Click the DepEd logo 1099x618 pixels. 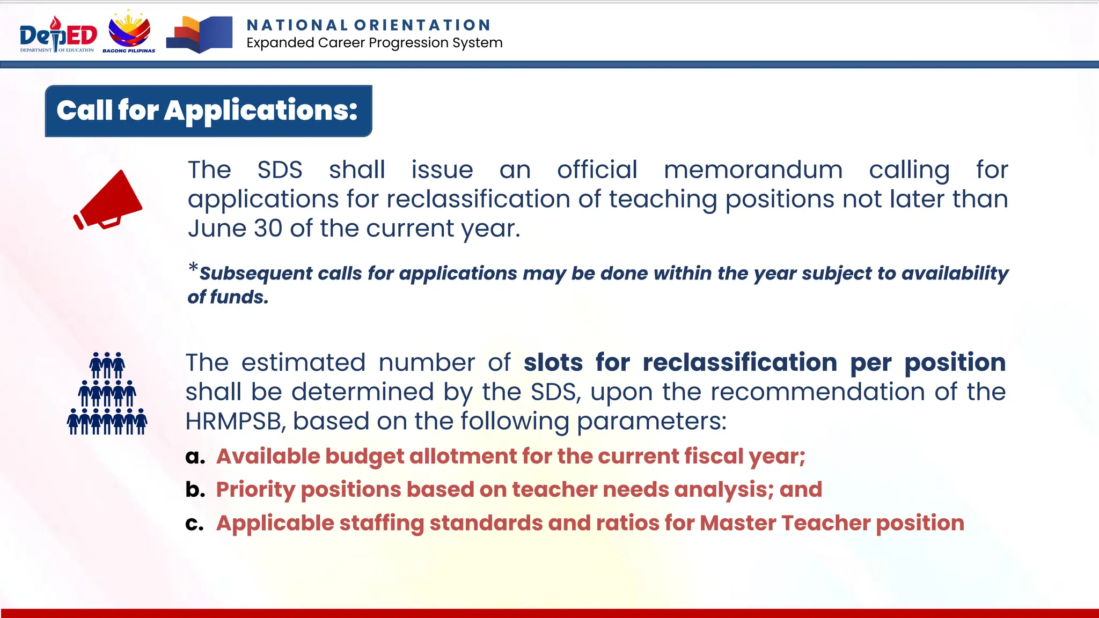coord(58,34)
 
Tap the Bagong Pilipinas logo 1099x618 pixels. coord(129,32)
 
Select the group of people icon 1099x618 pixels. coord(107,393)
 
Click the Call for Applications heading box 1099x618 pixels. coord(208,111)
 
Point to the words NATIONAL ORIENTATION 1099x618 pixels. coord(369,25)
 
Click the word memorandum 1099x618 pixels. coord(753,170)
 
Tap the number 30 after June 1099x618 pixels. coord(268,229)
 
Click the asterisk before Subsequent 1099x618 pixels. coord(193,267)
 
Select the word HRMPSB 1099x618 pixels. coord(233,421)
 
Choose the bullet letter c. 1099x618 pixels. coord(194,523)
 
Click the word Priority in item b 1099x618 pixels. coord(255,490)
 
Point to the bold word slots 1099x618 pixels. coord(553,363)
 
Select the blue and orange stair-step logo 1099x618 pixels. coord(199,34)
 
